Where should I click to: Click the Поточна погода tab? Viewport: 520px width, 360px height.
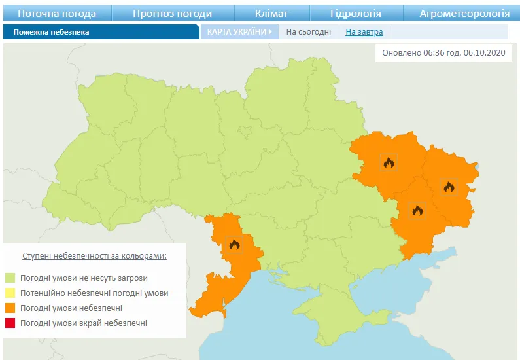point(56,13)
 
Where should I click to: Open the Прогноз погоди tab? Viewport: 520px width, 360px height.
point(172,13)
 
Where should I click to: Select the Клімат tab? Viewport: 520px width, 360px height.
point(271,13)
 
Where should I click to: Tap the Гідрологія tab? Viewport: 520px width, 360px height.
point(355,13)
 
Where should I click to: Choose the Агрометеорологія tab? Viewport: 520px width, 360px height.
point(464,13)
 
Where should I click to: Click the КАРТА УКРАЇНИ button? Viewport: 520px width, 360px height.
point(239,31)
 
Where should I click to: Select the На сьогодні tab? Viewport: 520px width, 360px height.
point(308,31)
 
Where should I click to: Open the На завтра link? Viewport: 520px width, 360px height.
point(364,31)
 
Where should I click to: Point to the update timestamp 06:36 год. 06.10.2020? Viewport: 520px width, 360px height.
point(443,53)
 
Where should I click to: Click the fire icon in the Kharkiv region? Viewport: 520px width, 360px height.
point(389,162)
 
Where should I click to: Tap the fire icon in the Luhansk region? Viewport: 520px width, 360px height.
point(449,187)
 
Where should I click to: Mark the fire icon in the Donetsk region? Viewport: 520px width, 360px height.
point(417,210)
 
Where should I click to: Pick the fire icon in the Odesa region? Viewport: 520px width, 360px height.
point(234,245)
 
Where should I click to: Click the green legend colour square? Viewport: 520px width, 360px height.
point(10,278)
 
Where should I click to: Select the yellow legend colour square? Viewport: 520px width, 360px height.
point(10,293)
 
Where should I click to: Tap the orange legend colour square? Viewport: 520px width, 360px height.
point(10,308)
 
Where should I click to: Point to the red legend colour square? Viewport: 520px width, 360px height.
point(10,323)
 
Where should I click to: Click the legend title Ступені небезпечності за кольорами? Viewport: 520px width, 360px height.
point(94,255)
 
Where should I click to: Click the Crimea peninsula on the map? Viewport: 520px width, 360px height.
point(327,314)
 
